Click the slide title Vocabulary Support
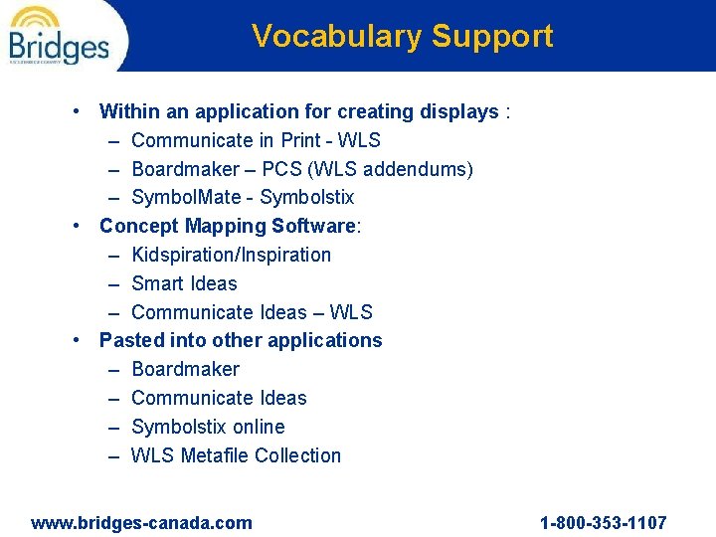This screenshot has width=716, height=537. (x=402, y=36)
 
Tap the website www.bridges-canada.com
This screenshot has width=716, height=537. (x=141, y=522)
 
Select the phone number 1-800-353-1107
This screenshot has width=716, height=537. (x=603, y=522)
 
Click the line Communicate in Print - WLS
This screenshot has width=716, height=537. (x=256, y=140)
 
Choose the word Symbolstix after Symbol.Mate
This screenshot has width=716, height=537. (x=307, y=198)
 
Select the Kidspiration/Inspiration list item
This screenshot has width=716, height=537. (x=231, y=255)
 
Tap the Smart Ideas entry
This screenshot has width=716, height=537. (x=184, y=283)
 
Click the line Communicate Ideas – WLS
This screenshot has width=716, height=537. (x=252, y=312)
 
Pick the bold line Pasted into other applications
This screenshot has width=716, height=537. (x=241, y=340)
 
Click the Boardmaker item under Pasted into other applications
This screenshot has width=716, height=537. (x=185, y=369)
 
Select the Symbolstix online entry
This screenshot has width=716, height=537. (x=208, y=427)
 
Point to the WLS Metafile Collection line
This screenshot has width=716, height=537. (x=236, y=455)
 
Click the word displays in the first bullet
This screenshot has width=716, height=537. (x=461, y=111)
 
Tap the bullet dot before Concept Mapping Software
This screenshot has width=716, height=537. (x=79, y=226)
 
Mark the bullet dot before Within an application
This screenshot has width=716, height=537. (x=79, y=111)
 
